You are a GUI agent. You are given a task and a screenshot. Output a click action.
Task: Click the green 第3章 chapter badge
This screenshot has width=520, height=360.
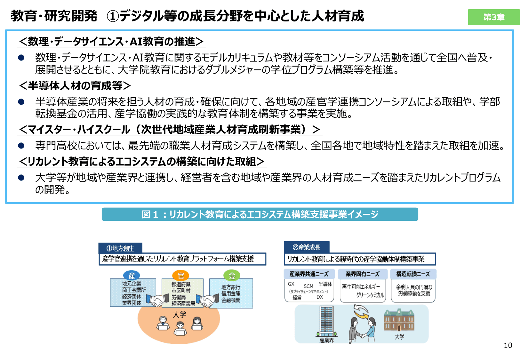493,17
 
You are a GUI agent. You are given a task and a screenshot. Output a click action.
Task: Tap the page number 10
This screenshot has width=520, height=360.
508,345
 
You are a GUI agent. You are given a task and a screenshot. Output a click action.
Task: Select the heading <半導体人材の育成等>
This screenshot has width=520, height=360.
75,86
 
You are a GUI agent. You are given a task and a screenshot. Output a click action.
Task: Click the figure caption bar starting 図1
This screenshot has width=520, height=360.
260,214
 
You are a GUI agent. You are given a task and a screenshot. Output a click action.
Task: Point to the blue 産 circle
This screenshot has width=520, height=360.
132,276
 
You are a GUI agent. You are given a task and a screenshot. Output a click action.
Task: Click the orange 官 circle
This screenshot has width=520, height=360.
180,276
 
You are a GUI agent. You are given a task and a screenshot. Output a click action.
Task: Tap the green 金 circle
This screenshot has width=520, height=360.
232,276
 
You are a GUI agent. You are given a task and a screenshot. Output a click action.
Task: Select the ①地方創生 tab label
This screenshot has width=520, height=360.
120,248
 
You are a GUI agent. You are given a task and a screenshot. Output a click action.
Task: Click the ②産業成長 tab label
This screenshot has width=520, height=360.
306,247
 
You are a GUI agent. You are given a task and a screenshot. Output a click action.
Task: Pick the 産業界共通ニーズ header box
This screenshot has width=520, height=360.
309,274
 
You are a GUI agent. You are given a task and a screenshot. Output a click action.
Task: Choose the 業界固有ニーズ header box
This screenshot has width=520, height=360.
362,274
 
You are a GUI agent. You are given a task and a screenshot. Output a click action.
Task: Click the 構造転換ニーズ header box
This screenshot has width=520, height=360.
413,274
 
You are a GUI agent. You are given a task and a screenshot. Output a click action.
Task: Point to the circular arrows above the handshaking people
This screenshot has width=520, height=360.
361,311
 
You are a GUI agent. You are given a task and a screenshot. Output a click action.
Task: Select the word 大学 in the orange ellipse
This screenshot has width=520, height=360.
179,315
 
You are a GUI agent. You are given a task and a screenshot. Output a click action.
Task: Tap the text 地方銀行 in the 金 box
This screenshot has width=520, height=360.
231,287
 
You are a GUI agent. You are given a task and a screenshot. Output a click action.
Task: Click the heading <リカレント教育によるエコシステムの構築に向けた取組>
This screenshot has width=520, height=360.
141,162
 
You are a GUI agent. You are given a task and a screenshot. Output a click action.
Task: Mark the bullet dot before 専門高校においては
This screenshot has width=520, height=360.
21,146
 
